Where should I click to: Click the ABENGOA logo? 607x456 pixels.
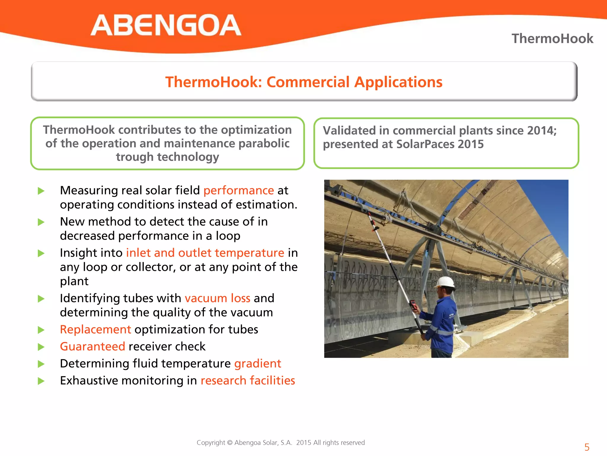[x=166, y=26]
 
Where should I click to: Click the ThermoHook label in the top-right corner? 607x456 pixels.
[x=552, y=39]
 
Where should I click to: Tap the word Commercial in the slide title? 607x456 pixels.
[x=308, y=82]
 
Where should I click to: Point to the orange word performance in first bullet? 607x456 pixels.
[x=239, y=190]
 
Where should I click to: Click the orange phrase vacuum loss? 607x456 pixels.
[x=218, y=298]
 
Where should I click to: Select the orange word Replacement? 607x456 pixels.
[x=95, y=330]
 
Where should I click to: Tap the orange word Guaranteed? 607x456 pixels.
[x=92, y=346]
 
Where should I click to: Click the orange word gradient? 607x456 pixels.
[x=258, y=364]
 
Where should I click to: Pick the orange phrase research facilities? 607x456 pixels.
[x=248, y=381]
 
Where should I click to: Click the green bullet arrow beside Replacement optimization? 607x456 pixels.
[x=41, y=330]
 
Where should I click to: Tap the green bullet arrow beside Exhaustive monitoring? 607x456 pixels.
[x=41, y=381]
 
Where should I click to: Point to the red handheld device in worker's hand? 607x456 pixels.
[x=413, y=305]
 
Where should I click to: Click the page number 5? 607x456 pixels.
[x=587, y=447]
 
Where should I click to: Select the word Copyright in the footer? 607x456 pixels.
[x=211, y=443]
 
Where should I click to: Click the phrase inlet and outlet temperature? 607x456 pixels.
[x=205, y=253]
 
